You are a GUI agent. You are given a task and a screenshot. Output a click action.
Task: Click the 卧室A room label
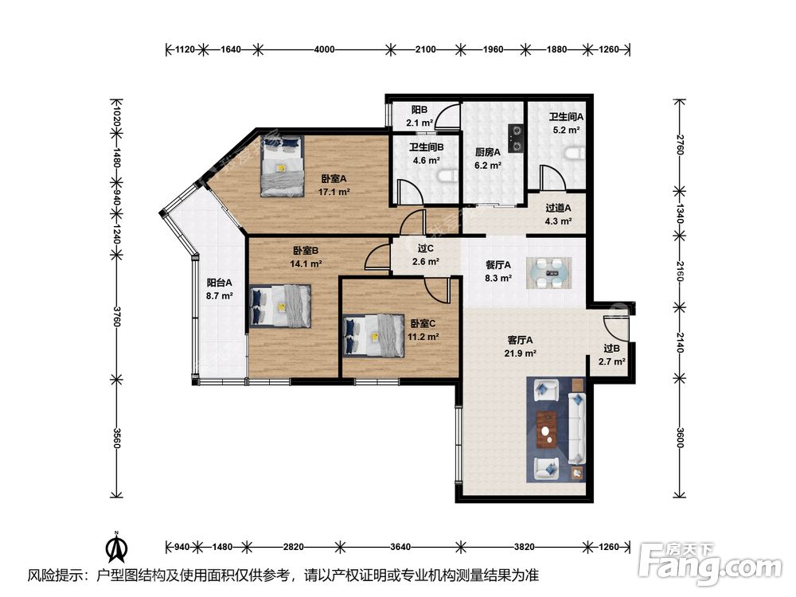point(334,178)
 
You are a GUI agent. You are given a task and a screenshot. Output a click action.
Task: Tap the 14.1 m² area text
point(306,264)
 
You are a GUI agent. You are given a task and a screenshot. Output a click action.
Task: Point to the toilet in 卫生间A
point(576,154)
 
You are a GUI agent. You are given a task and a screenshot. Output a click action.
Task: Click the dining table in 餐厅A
point(548,273)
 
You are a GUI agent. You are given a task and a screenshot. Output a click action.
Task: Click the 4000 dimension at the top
point(324,49)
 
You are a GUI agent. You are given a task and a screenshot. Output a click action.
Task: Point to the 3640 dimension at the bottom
point(400,547)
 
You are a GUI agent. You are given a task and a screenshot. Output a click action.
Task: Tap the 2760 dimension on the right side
point(681,145)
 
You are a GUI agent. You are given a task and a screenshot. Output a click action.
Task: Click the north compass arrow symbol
point(116,547)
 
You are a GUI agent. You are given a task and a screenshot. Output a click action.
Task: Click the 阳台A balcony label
point(220,283)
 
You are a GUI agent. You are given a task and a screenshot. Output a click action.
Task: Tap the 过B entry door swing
point(617,328)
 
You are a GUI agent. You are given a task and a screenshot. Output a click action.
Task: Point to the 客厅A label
point(520,340)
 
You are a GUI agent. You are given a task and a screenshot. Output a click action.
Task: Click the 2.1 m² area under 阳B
point(419,123)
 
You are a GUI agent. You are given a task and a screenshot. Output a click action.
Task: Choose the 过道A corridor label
point(558,208)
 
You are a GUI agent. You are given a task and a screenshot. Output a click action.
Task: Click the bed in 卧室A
point(283,166)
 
